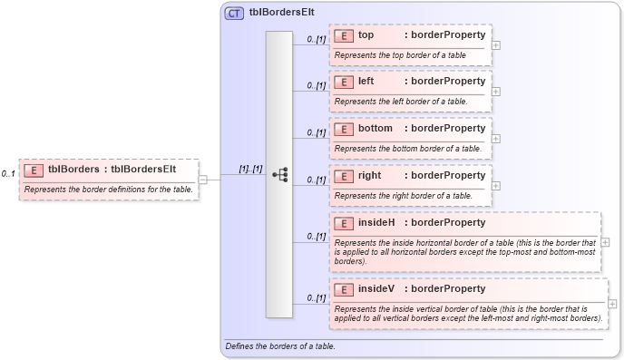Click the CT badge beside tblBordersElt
(234, 14)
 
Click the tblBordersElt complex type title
(277, 14)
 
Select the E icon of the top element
(344, 35)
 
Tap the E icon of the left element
(344, 82)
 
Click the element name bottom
(375, 129)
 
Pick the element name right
(369, 175)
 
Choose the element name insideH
(376, 222)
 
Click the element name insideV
(375, 289)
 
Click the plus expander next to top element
(495, 44)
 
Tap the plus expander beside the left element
(495, 91)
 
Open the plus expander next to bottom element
(495, 138)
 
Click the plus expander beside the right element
(495, 185)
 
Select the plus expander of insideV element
(612, 304)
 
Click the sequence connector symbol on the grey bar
(279, 175)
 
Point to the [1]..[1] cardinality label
(250, 169)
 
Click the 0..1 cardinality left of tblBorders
(8, 173)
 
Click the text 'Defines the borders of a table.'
(279, 346)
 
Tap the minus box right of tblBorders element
(203, 179)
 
